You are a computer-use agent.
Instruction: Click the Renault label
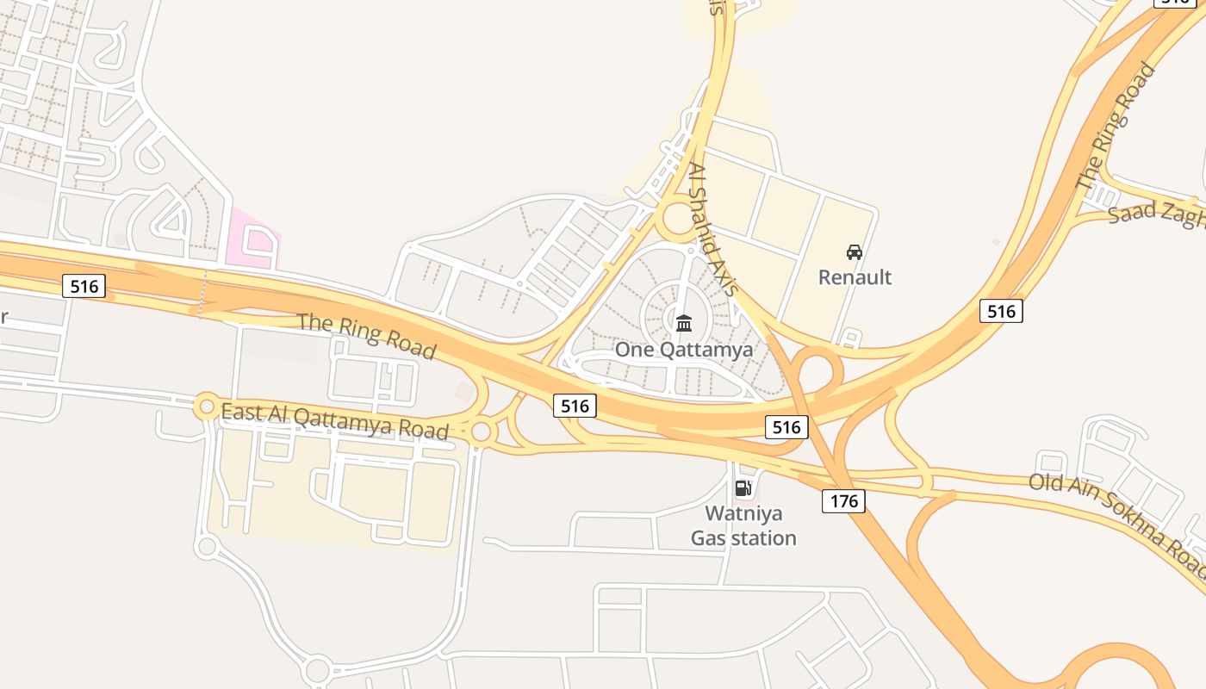point(855,277)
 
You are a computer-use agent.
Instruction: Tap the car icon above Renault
point(855,252)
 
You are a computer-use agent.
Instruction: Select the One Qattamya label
point(683,350)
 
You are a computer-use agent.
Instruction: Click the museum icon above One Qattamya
point(684,324)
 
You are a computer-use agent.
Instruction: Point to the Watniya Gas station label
point(743,526)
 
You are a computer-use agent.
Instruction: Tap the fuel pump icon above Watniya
point(743,489)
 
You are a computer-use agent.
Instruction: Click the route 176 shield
point(842,500)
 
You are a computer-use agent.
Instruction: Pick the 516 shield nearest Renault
point(1001,311)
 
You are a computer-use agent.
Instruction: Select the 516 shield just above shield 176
point(786,426)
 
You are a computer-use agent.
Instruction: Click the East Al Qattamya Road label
point(335,420)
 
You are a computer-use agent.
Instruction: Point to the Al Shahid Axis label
point(712,230)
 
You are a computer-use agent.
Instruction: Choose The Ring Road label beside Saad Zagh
point(1116,127)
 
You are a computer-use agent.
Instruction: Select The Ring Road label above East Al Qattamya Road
point(367,335)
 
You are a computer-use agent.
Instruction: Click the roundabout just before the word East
point(207,406)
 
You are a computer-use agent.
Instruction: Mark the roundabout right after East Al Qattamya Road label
point(481,432)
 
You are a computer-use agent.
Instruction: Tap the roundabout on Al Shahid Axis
point(679,218)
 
